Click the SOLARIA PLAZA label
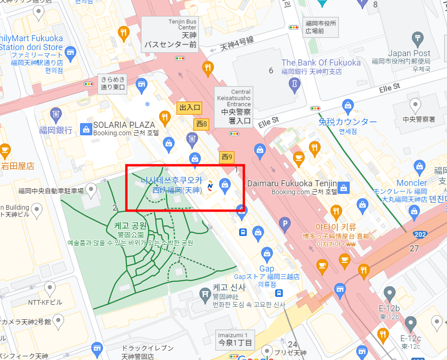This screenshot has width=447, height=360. (x=124, y=125)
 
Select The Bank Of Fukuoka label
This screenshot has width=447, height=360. (x=321, y=63)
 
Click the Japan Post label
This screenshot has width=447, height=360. (x=409, y=53)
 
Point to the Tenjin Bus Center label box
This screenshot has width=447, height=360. (x=170, y=34)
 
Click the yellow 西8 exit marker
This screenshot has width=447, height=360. (x=202, y=125)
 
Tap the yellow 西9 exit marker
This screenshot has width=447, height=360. (x=227, y=157)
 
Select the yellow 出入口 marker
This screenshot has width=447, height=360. (x=190, y=108)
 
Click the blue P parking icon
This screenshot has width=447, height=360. (x=284, y=224)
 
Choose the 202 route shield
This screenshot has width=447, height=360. (x=419, y=234)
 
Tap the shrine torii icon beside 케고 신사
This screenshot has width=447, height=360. (x=204, y=294)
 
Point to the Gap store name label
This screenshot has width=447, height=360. (x=267, y=268)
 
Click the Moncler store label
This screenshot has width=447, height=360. (x=411, y=183)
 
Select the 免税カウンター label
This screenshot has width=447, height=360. (x=347, y=122)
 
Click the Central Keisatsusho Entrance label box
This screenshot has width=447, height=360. (x=234, y=107)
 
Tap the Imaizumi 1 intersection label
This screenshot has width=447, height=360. (x=233, y=339)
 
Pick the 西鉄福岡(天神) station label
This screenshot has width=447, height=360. (x=176, y=190)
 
